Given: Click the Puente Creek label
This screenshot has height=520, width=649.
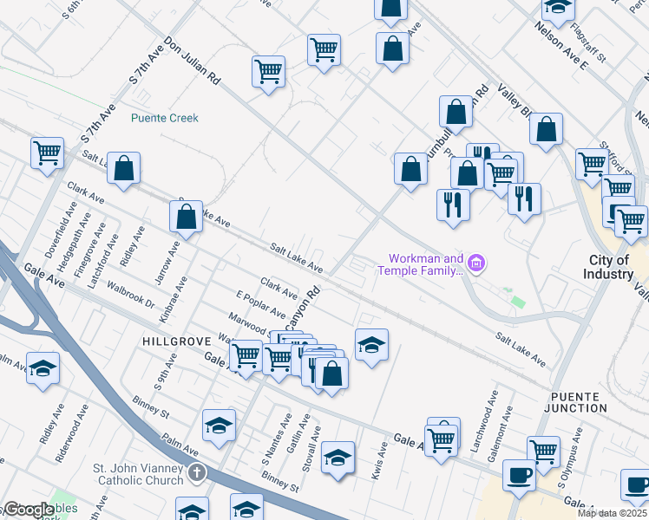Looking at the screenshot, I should [x=164, y=118].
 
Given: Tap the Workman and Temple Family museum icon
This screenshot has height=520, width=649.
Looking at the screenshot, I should [x=475, y=263].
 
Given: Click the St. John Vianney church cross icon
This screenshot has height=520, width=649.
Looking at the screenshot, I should [x=197, y=474].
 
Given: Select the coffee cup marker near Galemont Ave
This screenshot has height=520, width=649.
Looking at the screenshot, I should [x=519, y=475].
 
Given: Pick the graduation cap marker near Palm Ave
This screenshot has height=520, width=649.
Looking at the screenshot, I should [x=220, y=425].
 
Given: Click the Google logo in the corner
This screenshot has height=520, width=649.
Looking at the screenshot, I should [x=28, y=510].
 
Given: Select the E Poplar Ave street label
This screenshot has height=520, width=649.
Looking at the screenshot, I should [x=260, y=306].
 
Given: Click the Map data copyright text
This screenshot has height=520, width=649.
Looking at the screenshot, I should [x=611, y=513].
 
